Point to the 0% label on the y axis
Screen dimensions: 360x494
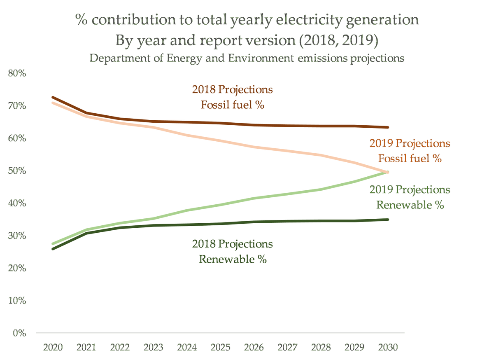(19, 333)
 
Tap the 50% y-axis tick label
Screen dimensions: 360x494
(17, 171)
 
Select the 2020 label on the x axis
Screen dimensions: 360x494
(52, 347)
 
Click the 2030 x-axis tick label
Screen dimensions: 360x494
(387, 347)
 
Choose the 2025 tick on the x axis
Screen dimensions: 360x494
(220, 347)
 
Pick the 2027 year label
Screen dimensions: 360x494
(287, 347)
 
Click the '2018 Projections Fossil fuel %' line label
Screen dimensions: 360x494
(232, 97)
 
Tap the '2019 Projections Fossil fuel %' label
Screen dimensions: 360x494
(410, 151)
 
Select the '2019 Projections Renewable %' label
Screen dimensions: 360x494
(410, 197)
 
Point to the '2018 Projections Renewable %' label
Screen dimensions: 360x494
(232, 251)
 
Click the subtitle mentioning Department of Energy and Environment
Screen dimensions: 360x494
(247, 58)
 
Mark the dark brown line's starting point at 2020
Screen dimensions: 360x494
(52, 98)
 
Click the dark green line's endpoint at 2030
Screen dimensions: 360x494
(387, 220)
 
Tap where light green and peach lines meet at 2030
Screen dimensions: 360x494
(387, 172)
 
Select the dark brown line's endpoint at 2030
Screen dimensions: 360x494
(387, 127)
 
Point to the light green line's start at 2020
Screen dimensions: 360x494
(52, 244)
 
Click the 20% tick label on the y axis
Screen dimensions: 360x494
(17, 268)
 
